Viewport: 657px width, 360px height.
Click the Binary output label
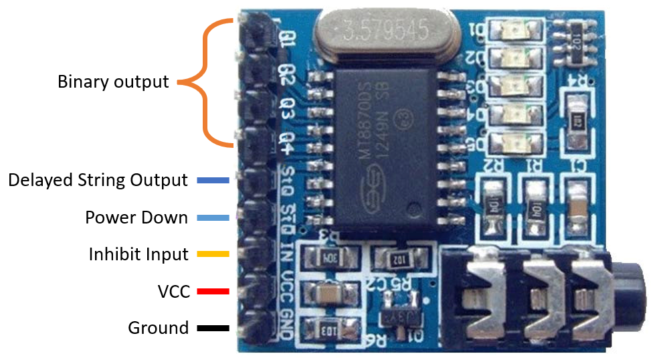pyautogui.click(x=113, y=82)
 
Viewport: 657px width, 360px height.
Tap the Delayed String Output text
pyautogui.click(x=98, y=181)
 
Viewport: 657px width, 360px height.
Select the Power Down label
pyautogui.click(x=136, y=217)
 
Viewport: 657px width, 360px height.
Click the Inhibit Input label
pyautogui.click(x=138, y=254)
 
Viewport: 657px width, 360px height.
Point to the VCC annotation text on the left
pyautogui.click(x=174, y=292)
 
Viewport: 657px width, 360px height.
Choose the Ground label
pyautogui.click(x=158, y=328)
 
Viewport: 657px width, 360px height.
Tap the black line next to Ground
pyautogui.click(x=213, y=329)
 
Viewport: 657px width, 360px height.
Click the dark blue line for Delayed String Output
pyautogui.click(x=213, y=181)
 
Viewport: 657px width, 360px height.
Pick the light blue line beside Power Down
pyautogui.click(x=213, y=217)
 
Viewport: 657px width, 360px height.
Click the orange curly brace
pyautogui.click(x=201, y=82)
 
